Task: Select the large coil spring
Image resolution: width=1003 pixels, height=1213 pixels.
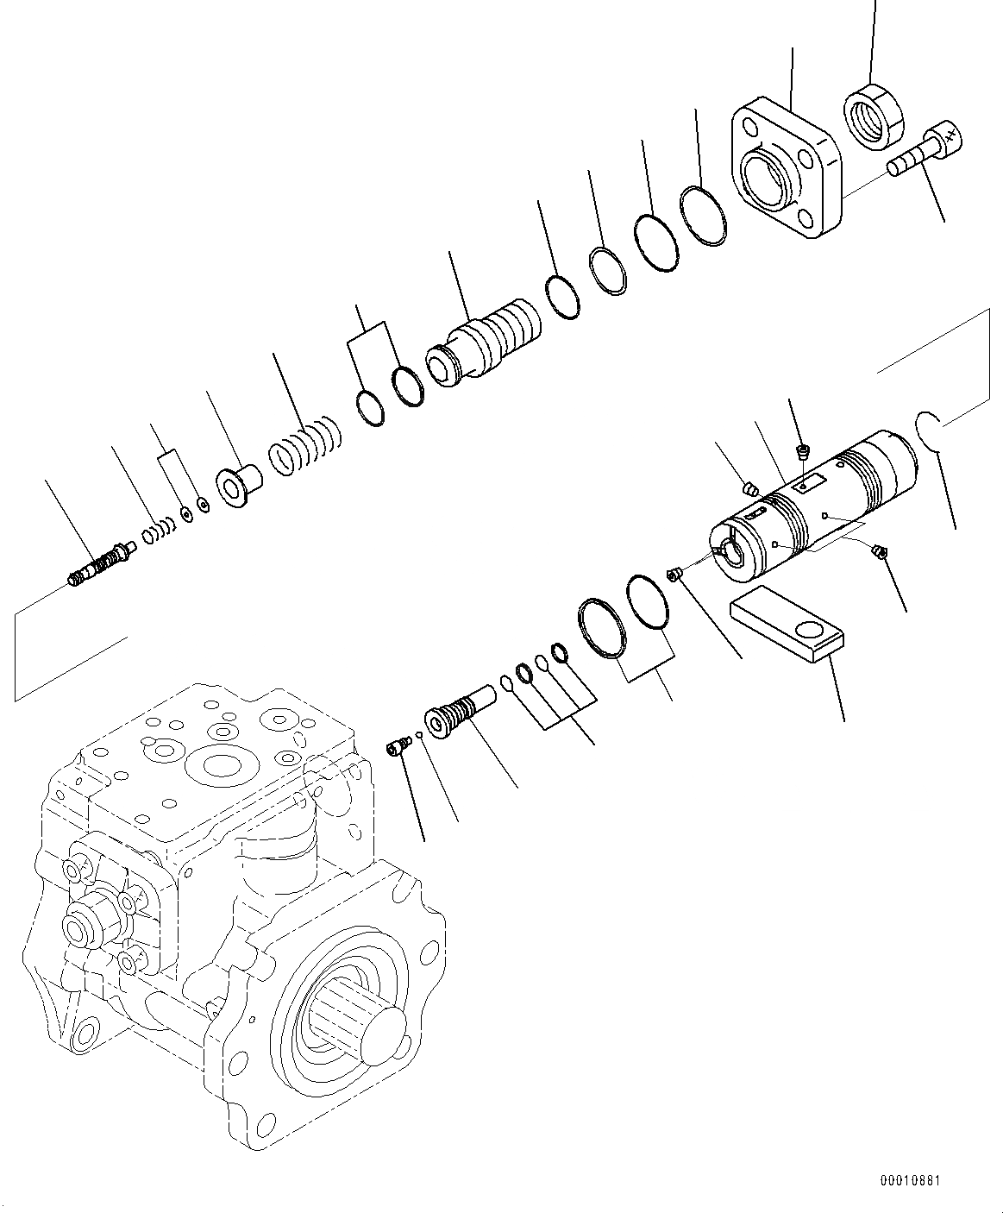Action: [305, 445]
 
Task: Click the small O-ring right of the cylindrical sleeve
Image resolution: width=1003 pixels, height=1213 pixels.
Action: [928, 429]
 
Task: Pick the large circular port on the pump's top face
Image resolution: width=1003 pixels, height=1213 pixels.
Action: [222, 767]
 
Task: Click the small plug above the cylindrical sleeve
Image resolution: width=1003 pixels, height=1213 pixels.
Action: [803, 449]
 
